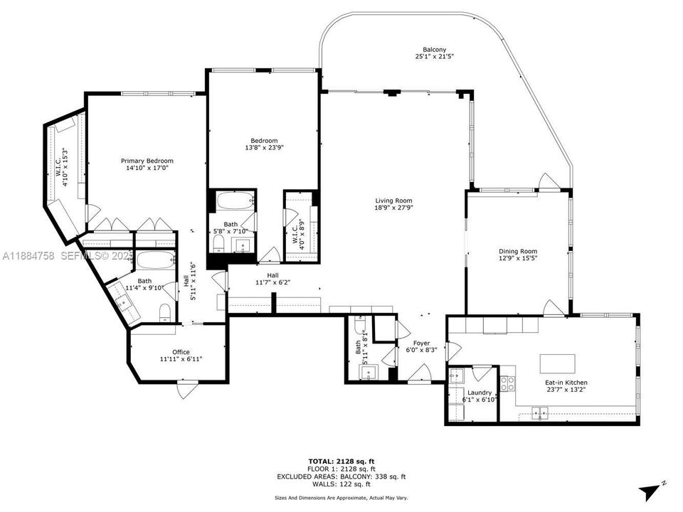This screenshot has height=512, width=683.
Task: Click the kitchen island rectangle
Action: click(557, 363)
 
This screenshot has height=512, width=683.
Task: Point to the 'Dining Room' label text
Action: click(517, 251)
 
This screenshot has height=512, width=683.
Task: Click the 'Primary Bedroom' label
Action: click(147, 161)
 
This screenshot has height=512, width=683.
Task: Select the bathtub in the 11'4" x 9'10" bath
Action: click(155, 260)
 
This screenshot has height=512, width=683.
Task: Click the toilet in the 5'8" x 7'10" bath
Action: click(218, 245)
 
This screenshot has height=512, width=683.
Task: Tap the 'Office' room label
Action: click(176, 351)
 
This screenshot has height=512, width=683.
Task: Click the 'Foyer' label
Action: click(421, 343)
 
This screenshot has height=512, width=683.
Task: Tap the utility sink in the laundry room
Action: click(456, 375)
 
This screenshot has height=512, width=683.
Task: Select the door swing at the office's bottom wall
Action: click(186, 388)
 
